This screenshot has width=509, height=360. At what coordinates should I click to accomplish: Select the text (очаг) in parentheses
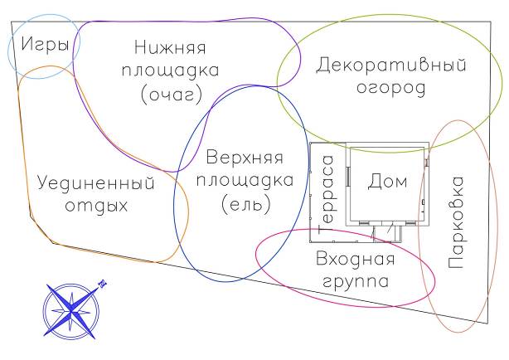click(x=171, y=96)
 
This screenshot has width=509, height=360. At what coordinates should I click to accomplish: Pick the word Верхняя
click(x=245, y=157)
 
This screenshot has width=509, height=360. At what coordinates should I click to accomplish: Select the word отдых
click(x=97, y=205)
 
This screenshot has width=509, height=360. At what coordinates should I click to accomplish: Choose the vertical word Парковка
click(x=455, y=221)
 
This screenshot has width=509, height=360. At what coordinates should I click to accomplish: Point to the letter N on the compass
click(x=103, y=282)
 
